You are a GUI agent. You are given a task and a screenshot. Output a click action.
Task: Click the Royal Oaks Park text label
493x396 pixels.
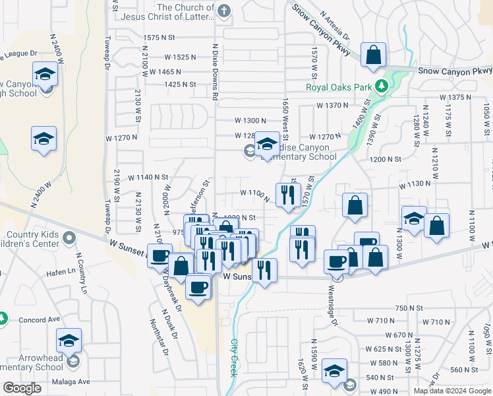point(339,86)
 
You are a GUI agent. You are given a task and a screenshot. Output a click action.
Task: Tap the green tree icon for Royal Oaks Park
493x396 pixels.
point(381,86)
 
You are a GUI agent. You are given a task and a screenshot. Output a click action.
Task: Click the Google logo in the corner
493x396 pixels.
point(22,388)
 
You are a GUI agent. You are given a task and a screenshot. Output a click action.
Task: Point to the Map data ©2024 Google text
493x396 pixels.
point(452,391)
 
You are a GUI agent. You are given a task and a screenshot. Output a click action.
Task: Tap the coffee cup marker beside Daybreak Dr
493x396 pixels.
point(198,287)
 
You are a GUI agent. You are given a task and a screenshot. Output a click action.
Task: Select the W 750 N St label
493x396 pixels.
point(409,308)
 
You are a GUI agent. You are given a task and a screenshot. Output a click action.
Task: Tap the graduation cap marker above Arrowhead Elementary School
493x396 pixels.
point(69,341)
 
